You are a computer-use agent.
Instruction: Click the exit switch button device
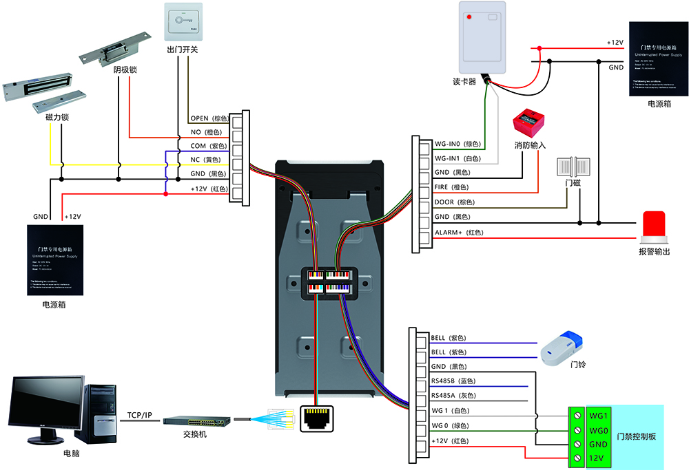pyautogui.click(x=183, y=22)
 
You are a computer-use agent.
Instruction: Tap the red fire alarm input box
pyautogui.click(x=527, y=122)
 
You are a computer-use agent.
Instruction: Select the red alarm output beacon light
pyautogui.click(x=655, y=226)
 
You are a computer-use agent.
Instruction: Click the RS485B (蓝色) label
pyautogui.click(x=453, y=381)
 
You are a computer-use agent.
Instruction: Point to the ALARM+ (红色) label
pyautogui.click(x=458, y=233)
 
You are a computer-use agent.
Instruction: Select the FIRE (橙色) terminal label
pyautogui.click(x=451, y=187)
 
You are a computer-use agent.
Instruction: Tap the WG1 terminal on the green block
pyautogui.click(x=597, y=416)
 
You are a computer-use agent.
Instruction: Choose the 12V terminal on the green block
pyautogui.click(x=597, y=458)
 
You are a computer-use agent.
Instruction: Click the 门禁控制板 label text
pyautogui.click(x=635, y=436)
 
